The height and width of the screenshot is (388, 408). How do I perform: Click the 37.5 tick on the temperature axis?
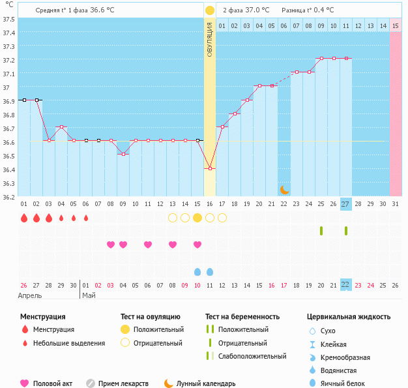[8, 19]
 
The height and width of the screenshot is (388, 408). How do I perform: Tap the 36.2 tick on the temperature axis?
[8, 196]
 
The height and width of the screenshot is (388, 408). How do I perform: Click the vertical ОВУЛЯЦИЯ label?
[210, 40]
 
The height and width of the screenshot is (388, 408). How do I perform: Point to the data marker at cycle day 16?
[210, 169]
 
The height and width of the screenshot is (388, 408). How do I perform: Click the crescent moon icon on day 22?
[284, 190]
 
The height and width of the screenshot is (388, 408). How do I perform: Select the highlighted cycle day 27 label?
[345, 203]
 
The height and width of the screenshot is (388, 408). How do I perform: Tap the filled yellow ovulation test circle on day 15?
[197, 218]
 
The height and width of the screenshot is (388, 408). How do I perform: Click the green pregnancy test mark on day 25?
[321, 231]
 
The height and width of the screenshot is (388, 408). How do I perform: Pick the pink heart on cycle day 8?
[111, 245]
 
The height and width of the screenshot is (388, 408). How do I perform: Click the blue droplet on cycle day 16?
[210, 271]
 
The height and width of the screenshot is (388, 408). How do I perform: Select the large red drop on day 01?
[24, 218]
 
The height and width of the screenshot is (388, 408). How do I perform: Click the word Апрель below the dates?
[30, 295]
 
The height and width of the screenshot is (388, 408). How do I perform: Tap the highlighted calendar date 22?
[345, 284]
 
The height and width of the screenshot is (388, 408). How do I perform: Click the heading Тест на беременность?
[242, 316]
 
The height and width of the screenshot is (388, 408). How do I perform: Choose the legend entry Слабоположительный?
[252, 356]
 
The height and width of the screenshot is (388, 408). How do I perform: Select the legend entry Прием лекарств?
[123, 383]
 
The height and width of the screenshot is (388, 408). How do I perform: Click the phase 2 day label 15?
[395, 25]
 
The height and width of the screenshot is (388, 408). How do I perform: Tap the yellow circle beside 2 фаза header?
[210, 10]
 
